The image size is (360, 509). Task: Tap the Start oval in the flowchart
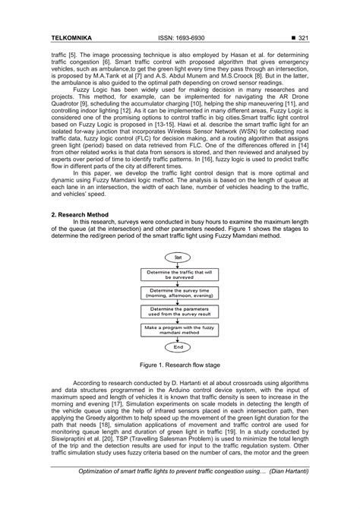179,257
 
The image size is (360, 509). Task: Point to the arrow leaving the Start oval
179,264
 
